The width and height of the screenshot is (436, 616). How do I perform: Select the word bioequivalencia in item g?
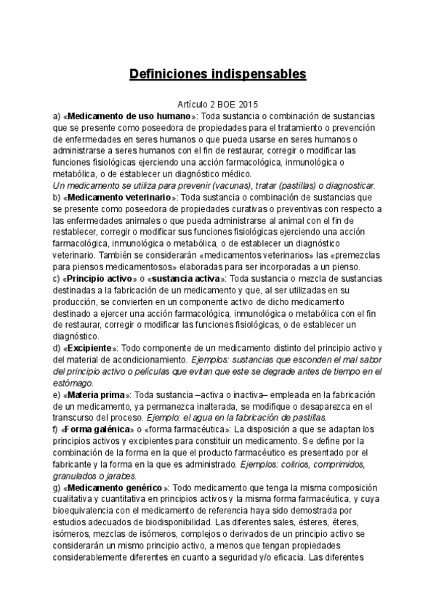pyautogui.click(x=84, y=511)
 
